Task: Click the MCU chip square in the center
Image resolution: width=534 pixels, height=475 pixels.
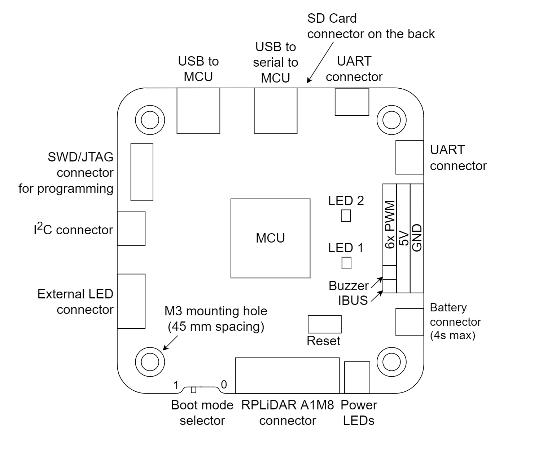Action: click(270, 238)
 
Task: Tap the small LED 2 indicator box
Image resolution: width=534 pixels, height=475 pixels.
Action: click(346, 216)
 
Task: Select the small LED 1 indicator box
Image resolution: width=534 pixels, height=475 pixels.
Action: click(346, 263)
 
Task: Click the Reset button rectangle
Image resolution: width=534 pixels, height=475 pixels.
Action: click(324, 324)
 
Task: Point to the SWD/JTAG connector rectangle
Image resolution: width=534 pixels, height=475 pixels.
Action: click(142, 172)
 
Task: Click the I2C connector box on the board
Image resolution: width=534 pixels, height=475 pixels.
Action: click(131, 228)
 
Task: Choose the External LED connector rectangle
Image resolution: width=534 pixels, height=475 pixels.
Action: click(131, 301)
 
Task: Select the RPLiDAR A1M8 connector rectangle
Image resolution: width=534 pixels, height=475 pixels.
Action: click(287, 375)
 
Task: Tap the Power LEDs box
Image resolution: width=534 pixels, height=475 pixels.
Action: click(357, 377)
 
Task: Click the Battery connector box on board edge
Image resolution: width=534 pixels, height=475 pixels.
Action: click(409, 322)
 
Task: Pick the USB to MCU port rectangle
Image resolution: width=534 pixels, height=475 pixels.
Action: click(198, 111)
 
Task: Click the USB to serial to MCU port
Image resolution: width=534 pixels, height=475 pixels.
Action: click(276, 111)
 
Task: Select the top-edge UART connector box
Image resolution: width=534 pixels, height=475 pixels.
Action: click(352, 102)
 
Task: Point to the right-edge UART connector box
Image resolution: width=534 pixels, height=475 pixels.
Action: click(409, 157)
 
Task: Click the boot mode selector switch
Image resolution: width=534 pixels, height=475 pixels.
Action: click(194, 390)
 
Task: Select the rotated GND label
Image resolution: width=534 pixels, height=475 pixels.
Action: click(417, 237)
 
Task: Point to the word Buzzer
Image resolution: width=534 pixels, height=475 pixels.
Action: click(349, 286)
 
